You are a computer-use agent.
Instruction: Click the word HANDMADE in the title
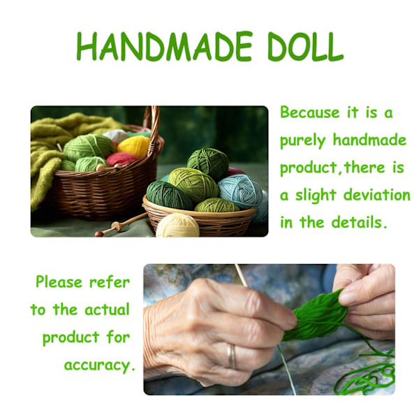(164, 46)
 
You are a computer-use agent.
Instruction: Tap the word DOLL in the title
(305, 46)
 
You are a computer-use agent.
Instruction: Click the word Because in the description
(310, 112)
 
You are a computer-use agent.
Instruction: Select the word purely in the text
(303, 141)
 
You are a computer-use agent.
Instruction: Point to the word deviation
(377, 195)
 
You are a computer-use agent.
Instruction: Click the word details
(359, 222)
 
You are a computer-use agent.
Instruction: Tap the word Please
(59, 282)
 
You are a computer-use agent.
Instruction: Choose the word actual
(107, 309)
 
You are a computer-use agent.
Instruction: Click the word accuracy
(99, 366)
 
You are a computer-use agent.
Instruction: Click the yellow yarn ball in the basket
(133, 146)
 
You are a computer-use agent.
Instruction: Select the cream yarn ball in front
(177, 225)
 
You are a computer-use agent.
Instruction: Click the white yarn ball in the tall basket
(115, 135)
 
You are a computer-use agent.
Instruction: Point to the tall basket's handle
(153, 128)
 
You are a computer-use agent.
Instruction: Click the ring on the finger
(231, 356)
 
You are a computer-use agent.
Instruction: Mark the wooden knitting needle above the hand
(242, 276)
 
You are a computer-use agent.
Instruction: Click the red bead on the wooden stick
(99, 234)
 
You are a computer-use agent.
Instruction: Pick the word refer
(110, 282)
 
